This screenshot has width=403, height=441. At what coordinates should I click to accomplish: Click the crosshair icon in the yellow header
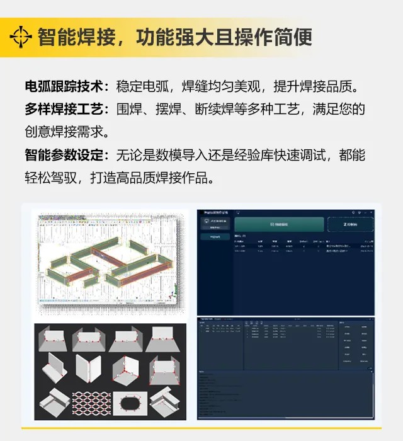(x=21, y=37)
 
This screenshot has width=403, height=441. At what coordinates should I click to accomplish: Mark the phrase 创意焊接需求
(x=63, y=132)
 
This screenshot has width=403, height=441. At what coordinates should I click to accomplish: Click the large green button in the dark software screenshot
(x=279, y=224)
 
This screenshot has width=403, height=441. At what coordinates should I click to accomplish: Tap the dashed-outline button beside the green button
(x=349, y=224)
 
